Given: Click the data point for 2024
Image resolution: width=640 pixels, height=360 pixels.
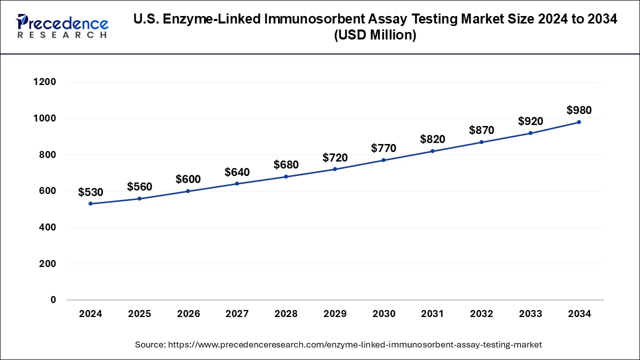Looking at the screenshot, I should coord(90,203).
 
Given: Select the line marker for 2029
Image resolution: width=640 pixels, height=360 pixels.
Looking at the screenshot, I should coord(335,169).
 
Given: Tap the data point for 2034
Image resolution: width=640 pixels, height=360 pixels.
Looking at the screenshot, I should coord(579,122).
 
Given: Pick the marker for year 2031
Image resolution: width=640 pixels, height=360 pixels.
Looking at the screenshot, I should coord(432,151).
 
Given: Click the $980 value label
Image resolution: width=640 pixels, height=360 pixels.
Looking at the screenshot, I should coord(579,110).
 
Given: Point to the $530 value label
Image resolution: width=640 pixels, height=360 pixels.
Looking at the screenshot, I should coord(90,192).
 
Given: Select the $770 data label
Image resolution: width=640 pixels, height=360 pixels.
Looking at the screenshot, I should coord(383,148).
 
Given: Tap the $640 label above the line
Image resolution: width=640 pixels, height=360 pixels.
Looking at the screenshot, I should coord(237,172).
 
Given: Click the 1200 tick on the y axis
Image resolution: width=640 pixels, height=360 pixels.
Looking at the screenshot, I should coord(44,82).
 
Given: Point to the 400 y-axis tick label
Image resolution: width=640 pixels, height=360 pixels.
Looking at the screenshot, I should coord(47,227).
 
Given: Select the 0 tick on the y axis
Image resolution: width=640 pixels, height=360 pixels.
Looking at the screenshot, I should coord(53,300).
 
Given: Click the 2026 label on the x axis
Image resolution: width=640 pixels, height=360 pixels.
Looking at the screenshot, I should coord(188,314).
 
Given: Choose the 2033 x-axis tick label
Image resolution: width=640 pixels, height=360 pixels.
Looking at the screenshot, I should coord(530,314).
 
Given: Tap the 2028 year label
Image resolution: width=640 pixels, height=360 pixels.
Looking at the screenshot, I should coord(286,314).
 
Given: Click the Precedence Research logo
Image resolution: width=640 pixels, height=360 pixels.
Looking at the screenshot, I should coord(62,26).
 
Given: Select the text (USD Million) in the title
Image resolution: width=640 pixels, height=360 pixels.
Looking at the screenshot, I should coord(375,35).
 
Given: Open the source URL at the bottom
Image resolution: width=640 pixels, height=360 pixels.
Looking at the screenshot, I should coord(355,344).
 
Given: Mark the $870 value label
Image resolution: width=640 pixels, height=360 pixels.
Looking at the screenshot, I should coord(481,130).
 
